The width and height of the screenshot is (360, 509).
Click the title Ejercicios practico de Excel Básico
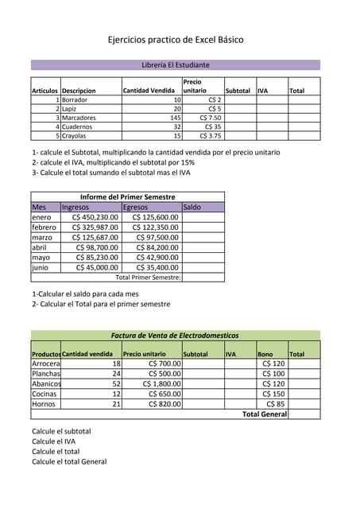point(176,40)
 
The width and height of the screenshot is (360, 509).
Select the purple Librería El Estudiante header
point(175,64)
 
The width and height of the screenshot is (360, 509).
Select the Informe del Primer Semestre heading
point(127,196)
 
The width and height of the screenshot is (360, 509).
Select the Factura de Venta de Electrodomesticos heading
point(175,336)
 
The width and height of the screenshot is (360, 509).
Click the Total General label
point(264,414)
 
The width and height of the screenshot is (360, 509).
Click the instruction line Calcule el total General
point(68,461)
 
